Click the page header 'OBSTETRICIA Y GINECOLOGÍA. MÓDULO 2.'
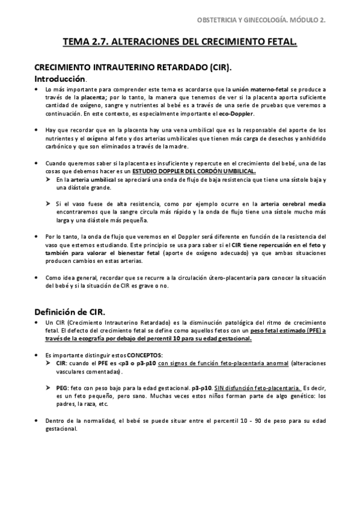click(261, 20)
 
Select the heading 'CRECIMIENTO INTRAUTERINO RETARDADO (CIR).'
click(133, 68)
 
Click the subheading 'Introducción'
click(60, 79)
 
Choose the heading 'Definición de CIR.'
click(69, 312)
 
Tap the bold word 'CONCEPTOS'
click(143, 355)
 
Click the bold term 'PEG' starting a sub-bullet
click(61, 388)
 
